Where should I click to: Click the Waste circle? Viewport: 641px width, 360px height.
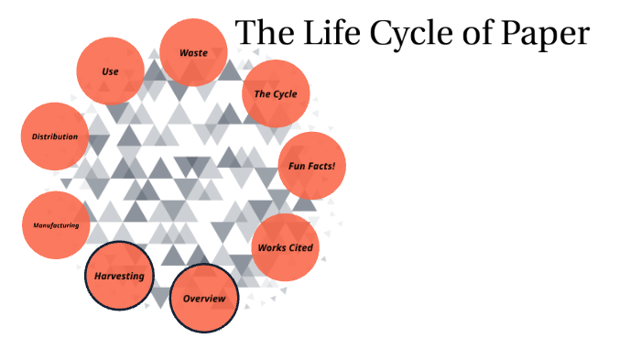(x=193, y=52)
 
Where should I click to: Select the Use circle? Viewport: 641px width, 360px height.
(x=110, y=71)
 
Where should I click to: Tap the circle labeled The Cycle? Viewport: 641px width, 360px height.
(x=275, y=93)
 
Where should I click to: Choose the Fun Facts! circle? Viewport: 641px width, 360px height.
(x=311, y=166)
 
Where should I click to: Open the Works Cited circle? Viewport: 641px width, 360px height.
(x=285, y=247)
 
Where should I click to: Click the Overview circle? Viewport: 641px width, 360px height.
(x=204, y=299)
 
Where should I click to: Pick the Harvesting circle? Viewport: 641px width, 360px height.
(x=119, y=275)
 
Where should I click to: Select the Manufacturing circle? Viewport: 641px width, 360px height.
(x=56, y=225)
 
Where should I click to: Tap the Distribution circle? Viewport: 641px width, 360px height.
(x=55, y=136)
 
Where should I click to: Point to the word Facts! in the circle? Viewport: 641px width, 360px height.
(x=327, y=167)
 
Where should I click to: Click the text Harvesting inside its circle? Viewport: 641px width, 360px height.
(x=119, y=276)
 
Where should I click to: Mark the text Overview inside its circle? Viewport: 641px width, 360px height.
(x=204, y=300)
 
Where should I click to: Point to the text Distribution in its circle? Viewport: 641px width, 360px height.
(x=55, y=136)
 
